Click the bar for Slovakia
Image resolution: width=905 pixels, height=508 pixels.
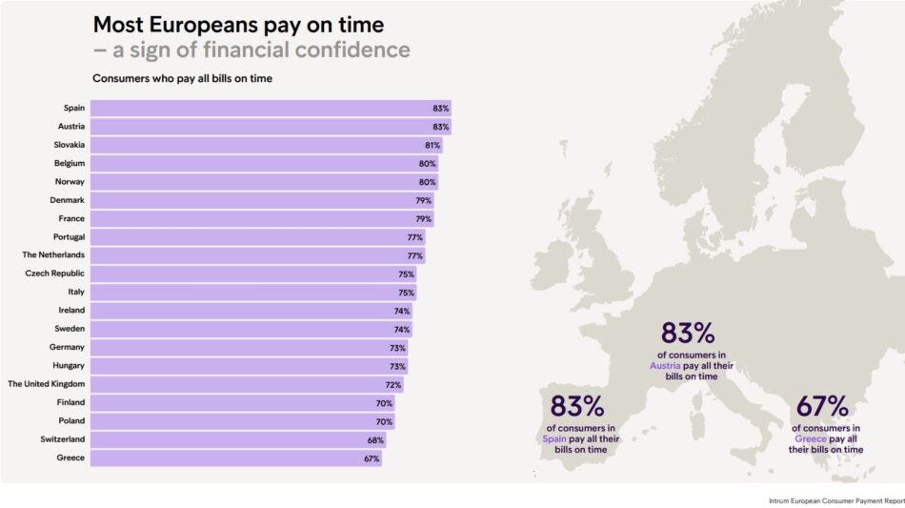[x=266, y=146]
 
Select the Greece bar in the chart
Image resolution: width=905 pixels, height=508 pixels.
[x=235, y=458]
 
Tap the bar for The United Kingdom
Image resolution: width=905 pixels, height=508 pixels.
[x=247, y=384]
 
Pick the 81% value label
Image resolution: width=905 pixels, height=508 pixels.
[x=432, y=146]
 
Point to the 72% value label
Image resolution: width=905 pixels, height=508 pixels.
[x=393, y=384]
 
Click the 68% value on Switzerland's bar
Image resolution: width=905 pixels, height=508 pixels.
[x=375, y=440]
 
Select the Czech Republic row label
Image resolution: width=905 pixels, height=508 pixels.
[x=55, y=274]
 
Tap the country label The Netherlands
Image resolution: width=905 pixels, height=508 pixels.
[x=53, y=255]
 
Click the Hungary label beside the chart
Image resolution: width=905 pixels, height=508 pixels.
[x=68, y=366]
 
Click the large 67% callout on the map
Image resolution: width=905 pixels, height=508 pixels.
[x=822, y=406]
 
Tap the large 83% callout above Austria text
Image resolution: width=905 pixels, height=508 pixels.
[x=688, y=334]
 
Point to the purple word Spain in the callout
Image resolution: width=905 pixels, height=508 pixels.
[x=554, y=439]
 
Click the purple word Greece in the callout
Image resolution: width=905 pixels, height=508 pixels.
[x=811, y=439]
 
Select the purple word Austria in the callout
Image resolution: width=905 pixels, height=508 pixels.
[x=666, y=366]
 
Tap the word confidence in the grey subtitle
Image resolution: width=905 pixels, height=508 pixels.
[x=351, y=50]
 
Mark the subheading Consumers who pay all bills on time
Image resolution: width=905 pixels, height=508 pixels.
[x=182, y=78]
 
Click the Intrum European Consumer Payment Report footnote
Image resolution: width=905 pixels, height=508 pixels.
[x=835, y=499]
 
